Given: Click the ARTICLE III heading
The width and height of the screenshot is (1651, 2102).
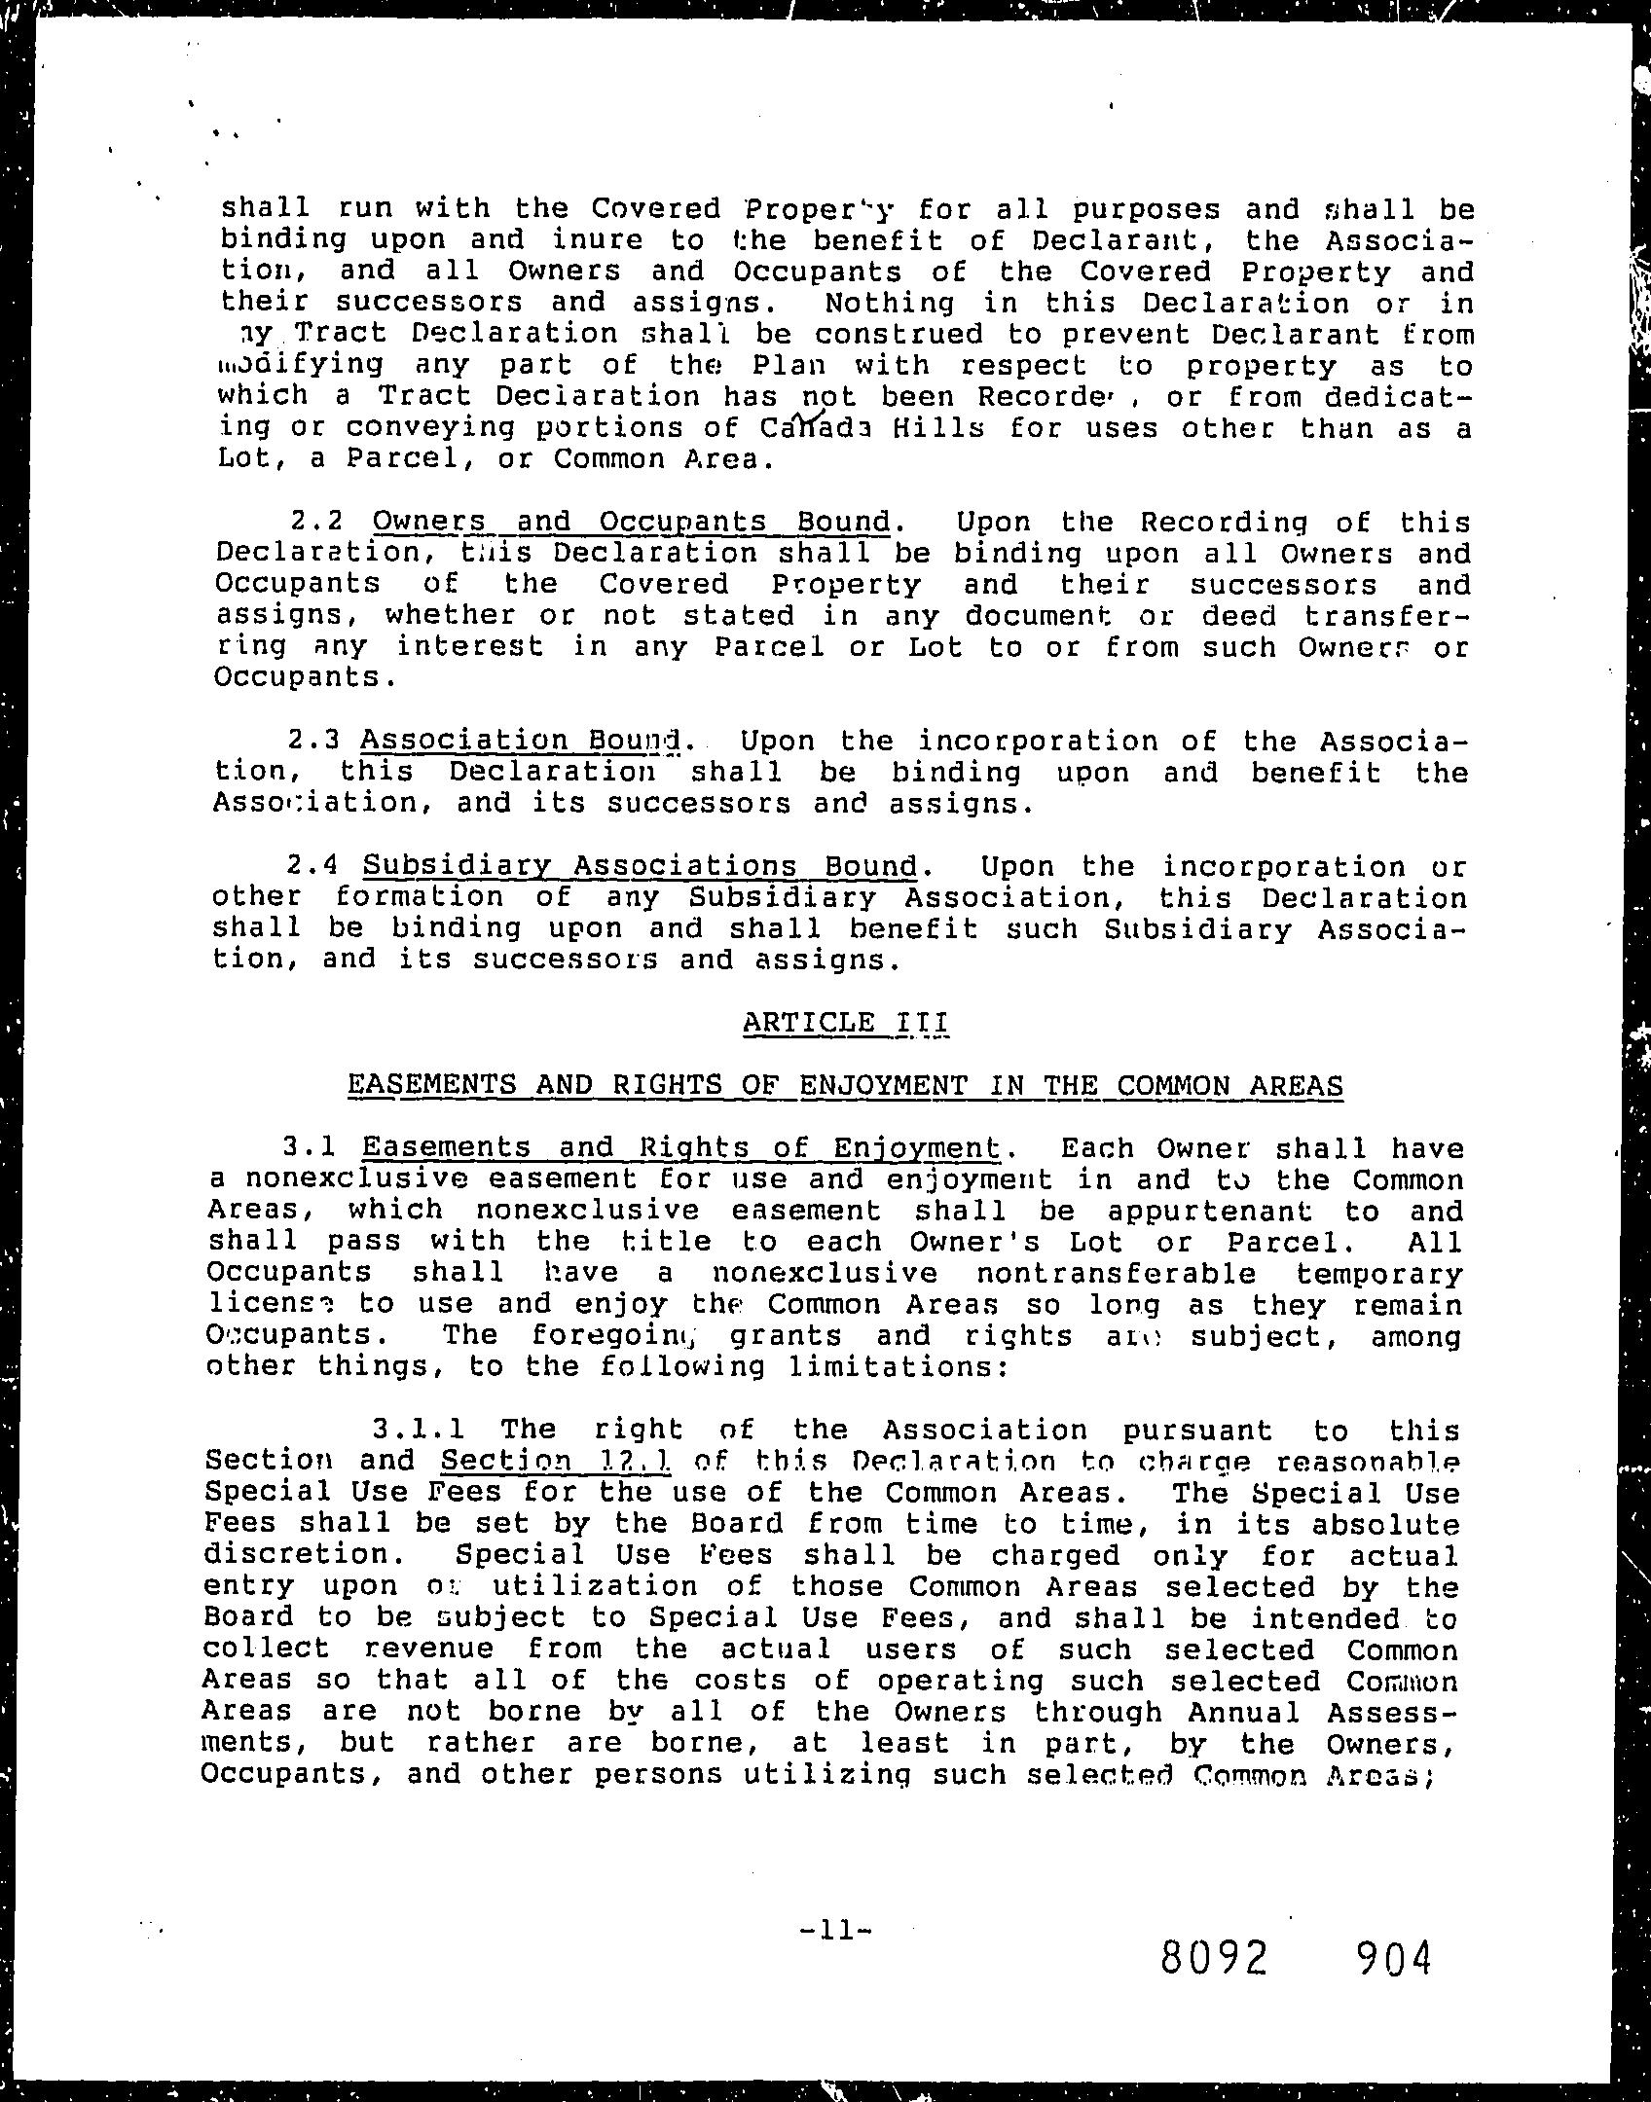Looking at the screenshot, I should click(x=845, y=1023).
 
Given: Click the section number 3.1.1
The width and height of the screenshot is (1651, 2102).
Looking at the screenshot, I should click(x=419, y=1430).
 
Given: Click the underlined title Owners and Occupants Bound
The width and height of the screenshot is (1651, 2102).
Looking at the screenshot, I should click(x=632, y=523).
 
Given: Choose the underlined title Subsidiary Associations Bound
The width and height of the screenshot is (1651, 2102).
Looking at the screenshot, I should click(x=641, y=866).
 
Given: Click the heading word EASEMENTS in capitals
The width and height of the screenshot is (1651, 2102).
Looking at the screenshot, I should click(x=432, y=1085).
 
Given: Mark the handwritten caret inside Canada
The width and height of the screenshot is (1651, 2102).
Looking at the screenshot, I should click(x=805, y=418).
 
